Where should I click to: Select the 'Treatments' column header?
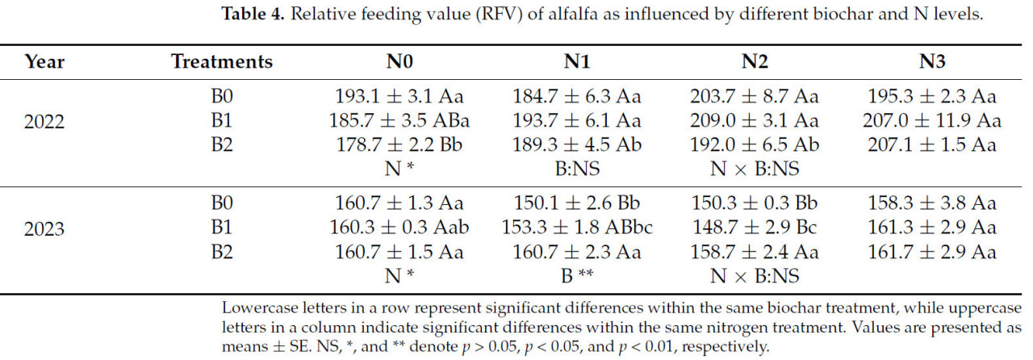[222, 61]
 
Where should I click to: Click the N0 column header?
[399, 61]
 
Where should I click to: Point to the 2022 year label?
[44, 121]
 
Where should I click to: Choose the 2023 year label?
[44, 228]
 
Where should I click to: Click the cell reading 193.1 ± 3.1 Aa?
[399, 97]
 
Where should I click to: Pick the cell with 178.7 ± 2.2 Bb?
[399, 145]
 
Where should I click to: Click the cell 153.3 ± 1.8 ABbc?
[577, 228]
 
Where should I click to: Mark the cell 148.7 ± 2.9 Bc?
[755, 228]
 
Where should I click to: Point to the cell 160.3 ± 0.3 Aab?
[399, 228]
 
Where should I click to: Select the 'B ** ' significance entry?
[577, 277]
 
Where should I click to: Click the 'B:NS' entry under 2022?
[577, 170]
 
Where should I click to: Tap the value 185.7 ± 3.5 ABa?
[399, 121]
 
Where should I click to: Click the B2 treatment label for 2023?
[222, 253]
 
